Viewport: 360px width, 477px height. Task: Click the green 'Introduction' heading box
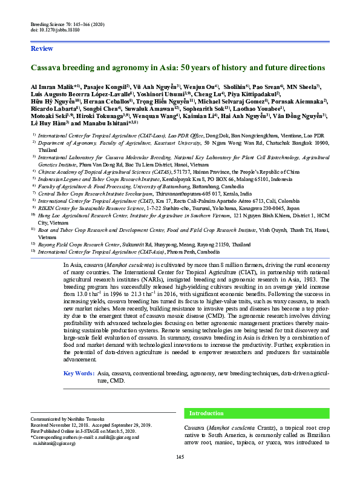click(206, 413)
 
